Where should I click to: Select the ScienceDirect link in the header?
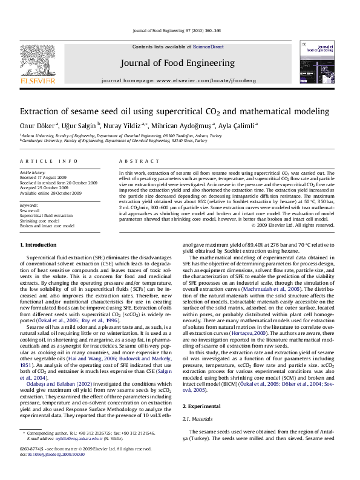coord(208,47)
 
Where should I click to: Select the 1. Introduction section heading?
coord(39,245)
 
